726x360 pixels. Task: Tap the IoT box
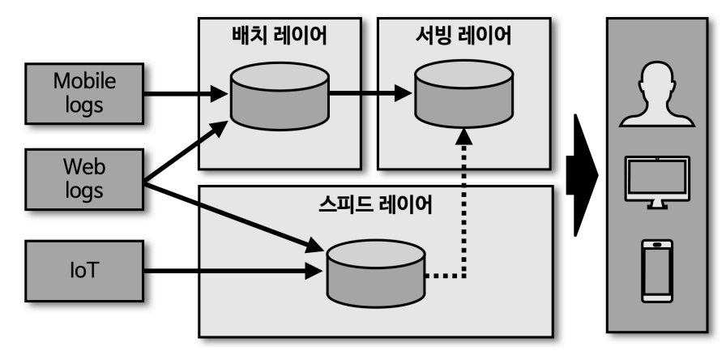[84, 270]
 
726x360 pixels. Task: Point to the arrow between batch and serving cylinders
[369, 93]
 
